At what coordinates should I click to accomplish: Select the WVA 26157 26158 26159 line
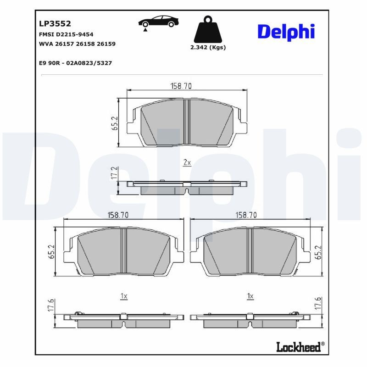click(77, 44)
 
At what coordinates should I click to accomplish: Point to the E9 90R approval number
click(76, 63)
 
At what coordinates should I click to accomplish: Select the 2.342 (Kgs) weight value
click(208, 47)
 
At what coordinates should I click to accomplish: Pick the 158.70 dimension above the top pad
click(187, 86)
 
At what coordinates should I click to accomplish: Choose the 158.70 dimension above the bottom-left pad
click(118, 215)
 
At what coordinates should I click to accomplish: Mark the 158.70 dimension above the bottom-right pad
click(246, 215)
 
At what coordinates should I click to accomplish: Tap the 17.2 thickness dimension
click(115, 173)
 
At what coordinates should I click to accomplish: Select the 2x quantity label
click(187, 163)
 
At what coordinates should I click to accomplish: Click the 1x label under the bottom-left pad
click(123, 296)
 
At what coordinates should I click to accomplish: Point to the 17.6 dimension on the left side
click(51, 304)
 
